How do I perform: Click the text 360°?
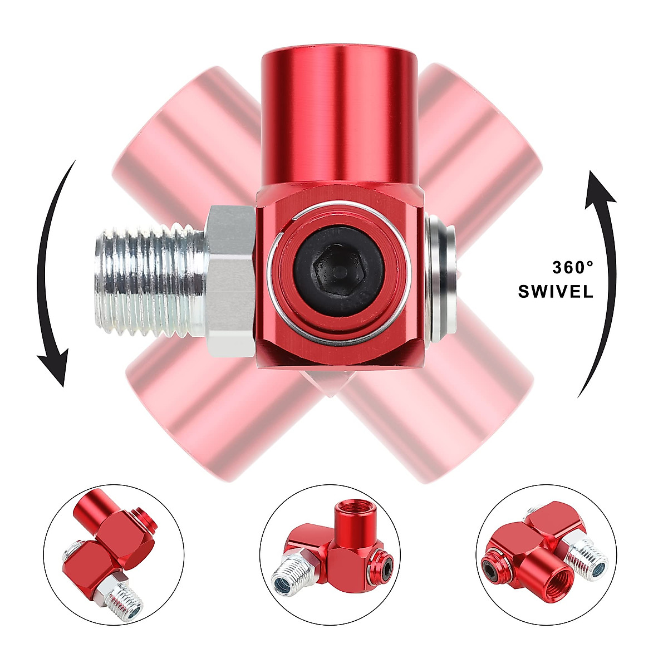[x=573, y=268]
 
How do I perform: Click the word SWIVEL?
[x=556, y=292]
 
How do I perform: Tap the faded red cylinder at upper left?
[x=184, y=134]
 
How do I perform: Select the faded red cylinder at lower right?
[x=451, y=423]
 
